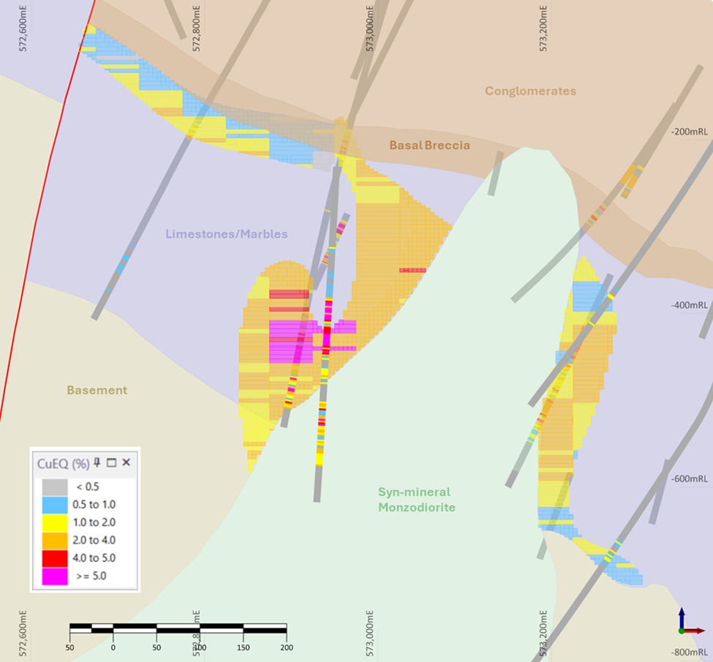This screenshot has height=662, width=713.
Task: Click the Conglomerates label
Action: point(530,91)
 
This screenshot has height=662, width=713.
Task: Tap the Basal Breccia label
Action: point(429,146)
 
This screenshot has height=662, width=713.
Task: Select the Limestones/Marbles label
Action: point(226,234)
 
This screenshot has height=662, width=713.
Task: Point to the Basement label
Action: point(97,391)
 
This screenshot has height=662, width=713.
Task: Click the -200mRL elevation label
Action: point(689,132)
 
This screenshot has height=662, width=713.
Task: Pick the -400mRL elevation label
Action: point(689,305)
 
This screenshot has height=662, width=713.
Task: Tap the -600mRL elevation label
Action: point(689,479)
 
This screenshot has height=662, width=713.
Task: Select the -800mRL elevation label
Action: point(689,652)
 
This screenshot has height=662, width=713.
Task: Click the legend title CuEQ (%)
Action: point(63,463)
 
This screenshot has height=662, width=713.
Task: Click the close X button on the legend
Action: point(126,462)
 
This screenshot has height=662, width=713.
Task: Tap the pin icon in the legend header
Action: point(97,462)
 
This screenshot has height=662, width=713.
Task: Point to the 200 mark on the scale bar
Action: point(286,647)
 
